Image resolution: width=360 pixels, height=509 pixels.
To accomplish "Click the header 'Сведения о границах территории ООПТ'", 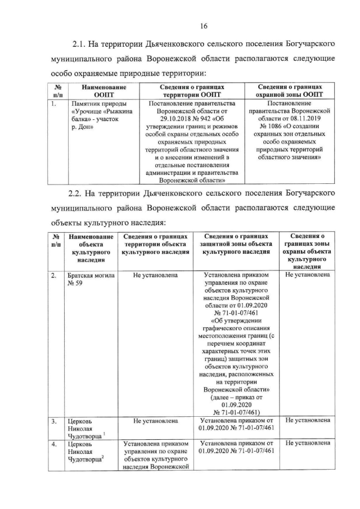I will [x=192, y=92].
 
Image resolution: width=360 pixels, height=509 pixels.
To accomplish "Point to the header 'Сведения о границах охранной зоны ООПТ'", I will [x=290, y=92].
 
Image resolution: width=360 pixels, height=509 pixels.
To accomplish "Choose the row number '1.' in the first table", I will [x=53, y=104].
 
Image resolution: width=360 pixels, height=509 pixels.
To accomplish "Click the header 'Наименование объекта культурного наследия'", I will [x=90, y=248].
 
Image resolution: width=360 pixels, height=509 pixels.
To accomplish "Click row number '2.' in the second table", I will [x=53, y=276].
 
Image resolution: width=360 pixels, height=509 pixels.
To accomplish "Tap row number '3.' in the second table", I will [x=53, y=421].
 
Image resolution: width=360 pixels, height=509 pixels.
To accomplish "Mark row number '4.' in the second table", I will [x=53, y=444].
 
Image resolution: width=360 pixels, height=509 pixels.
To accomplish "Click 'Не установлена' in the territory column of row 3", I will [x=156, y=421].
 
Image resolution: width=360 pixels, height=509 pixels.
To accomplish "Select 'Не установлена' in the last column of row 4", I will [x=308, y=444].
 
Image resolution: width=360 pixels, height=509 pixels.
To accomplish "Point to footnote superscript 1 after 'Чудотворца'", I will [x=104, y=434].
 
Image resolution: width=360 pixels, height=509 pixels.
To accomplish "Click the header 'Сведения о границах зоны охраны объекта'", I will [x=307, y=248].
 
